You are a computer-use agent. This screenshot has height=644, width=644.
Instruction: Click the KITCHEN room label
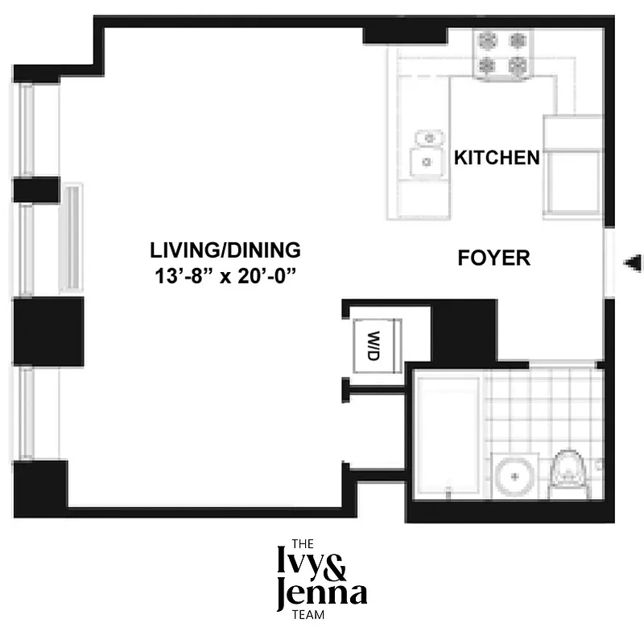coord(497,157)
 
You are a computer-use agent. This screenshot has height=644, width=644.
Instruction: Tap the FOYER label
coord(493,258)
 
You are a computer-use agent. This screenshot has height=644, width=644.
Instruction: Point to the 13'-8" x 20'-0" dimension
coord(226,275)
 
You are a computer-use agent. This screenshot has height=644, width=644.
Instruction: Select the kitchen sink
coord(427,153)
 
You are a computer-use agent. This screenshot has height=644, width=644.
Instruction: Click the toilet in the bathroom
coord(568,476)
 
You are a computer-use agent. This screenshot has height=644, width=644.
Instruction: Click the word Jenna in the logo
coord(320,594)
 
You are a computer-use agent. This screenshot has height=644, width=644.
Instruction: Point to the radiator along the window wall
coord(72,237)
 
